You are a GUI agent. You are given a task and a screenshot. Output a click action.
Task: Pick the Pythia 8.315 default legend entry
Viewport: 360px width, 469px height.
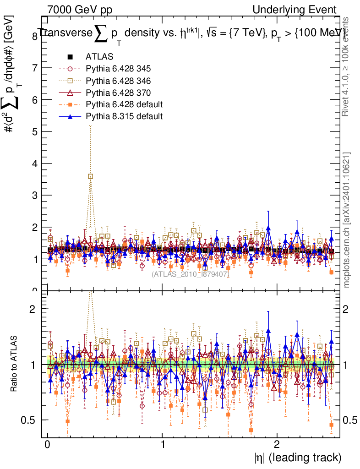[124, 116]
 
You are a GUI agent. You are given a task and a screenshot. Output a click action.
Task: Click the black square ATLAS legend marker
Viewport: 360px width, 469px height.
[70, 57]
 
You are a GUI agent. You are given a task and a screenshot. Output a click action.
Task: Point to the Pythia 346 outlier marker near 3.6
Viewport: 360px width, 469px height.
[91, 176]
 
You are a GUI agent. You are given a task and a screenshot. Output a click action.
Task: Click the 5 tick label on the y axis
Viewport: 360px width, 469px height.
[34, 131]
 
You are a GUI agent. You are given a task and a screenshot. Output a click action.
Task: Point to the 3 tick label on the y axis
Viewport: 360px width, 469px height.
[34, 195]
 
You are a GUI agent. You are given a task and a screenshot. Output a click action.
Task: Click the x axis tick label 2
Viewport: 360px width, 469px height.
[277, 444]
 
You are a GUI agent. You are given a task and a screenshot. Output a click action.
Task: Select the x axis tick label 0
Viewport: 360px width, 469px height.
[47, 444]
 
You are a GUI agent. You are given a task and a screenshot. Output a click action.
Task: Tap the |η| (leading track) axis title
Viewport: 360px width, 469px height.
[298, 457]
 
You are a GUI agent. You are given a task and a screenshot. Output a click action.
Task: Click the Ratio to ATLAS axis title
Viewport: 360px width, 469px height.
[14, 364]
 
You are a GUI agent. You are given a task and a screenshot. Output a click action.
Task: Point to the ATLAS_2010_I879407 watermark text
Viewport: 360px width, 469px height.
[191, 274]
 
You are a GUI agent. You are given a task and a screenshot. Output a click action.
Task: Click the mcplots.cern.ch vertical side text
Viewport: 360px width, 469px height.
[347, 220]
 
